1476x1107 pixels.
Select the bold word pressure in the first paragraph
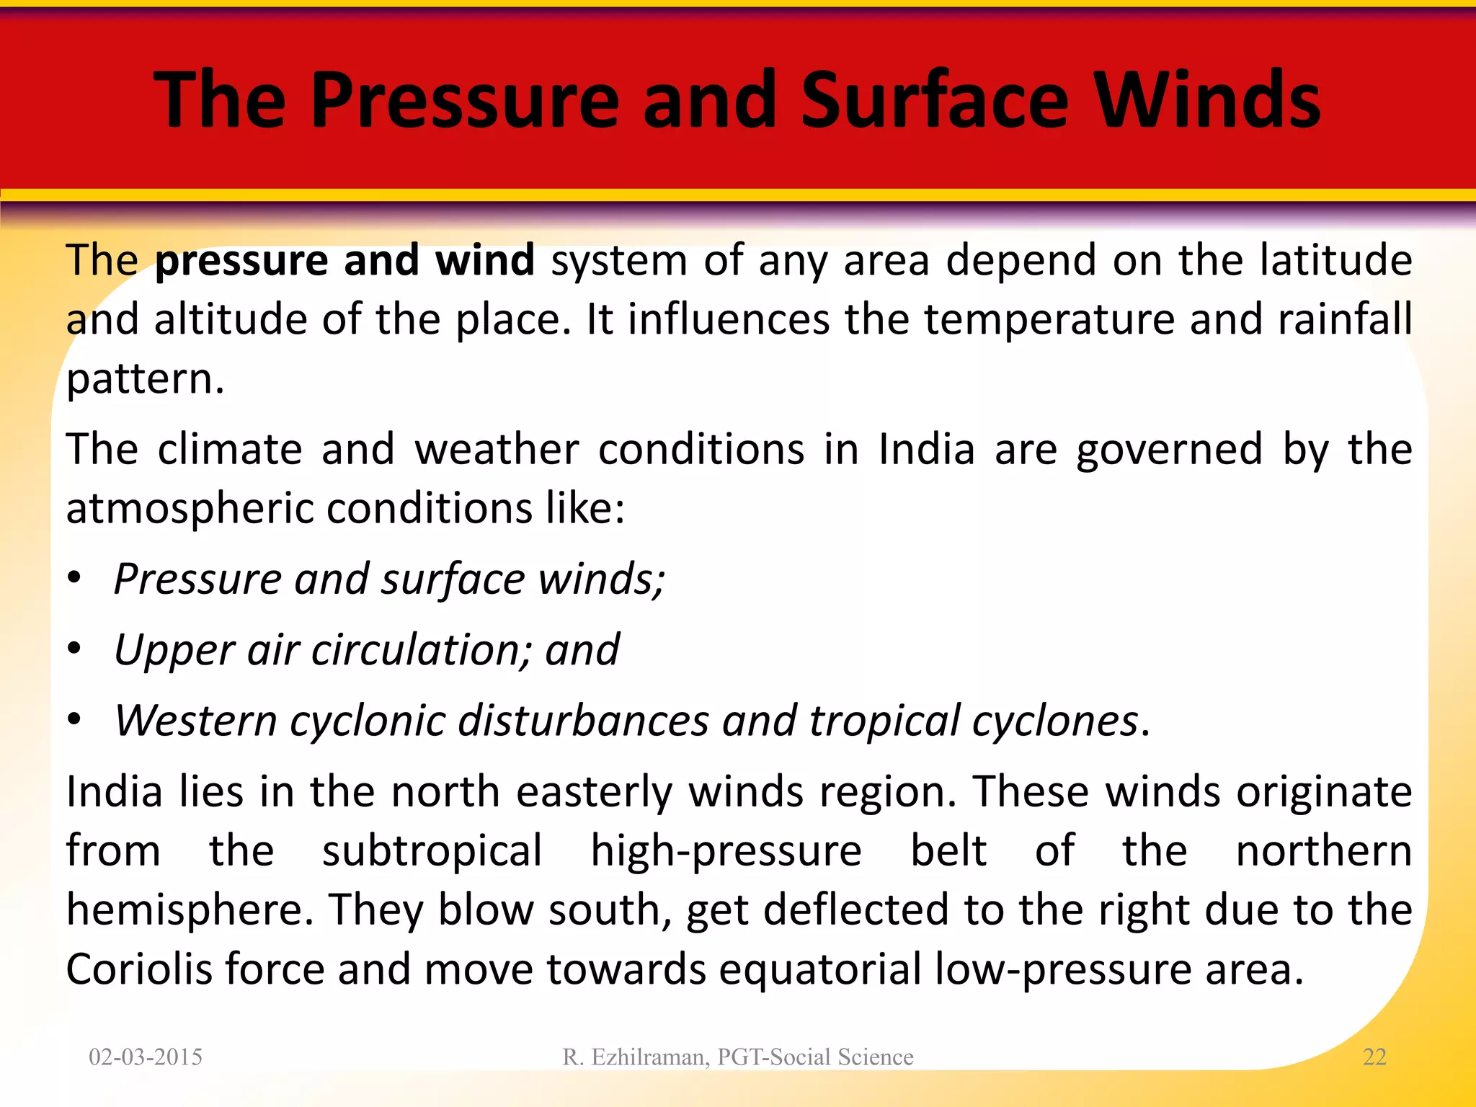(x=242, y=261)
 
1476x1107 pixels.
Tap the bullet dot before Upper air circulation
(x=74, y=649)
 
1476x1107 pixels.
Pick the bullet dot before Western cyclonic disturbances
(x=74, y=719)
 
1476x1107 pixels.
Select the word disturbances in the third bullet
(x=583, y=720)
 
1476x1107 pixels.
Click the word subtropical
(x=432, y=851)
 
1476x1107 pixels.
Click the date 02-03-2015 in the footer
(x=146, y=1057)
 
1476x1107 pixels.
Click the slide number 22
(x=1374, y=1057)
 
